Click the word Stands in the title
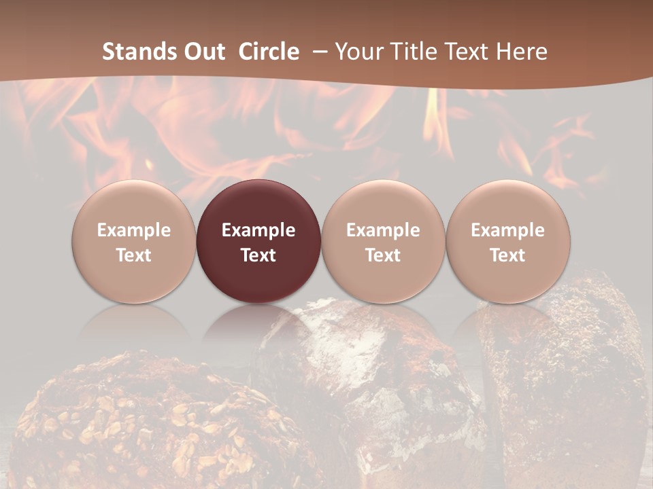coord(137,52)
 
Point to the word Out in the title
coord(202,52)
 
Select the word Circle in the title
coord(269,52)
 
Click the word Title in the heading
coord(411,52)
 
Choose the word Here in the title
coord(522,52)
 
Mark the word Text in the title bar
coord(465,52)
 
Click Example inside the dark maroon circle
coord(258,230)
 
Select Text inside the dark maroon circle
coord(258,255)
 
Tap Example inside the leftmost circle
coord(134,230)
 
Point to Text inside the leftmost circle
coord(134,255)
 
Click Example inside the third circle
coord(383,230)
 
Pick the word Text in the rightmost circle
coord(508,255)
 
